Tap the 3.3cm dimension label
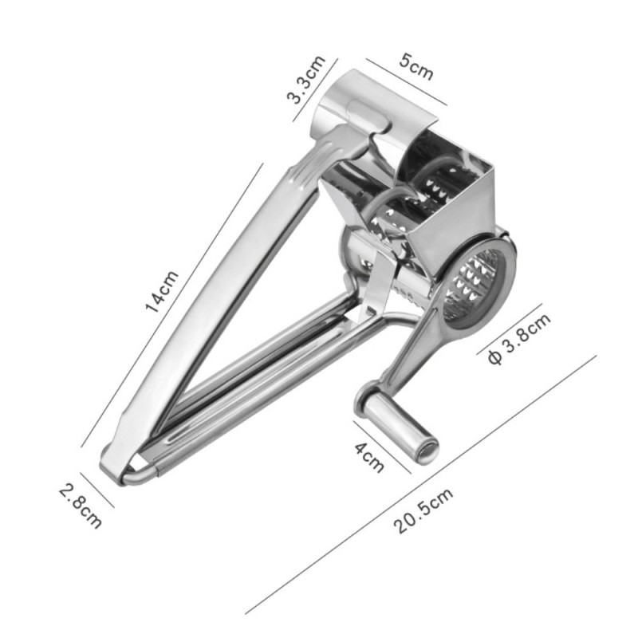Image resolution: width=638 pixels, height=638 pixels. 305,80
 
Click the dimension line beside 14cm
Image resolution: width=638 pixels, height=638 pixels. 172,302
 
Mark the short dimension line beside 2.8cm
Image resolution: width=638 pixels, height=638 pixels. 96,487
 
